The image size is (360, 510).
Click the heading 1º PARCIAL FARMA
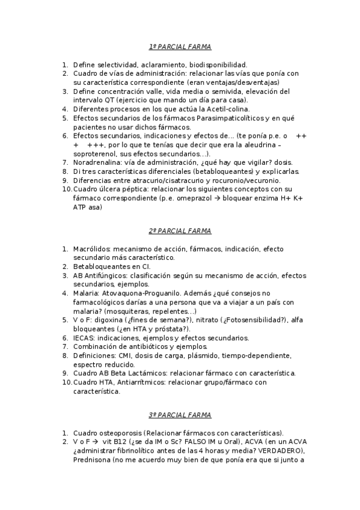coord(180,47)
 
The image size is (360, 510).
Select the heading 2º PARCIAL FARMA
coord(180,230)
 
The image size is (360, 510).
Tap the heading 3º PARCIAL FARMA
coord(180,415)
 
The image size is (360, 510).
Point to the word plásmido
coord(198,356)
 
